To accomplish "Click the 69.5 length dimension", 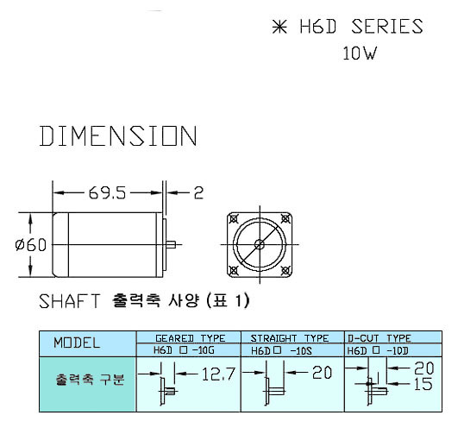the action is tap(107, 192).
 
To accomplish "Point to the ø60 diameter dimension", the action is tap(31, 245).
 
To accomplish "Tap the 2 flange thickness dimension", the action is tap(198, 192).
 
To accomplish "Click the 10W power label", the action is tap(360, 53).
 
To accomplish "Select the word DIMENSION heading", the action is tap(118, 135).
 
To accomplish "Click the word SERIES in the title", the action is tap(387, 27).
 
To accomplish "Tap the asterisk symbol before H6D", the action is tap(279, 27).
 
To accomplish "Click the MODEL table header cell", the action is tap(88, 343).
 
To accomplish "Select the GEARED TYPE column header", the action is tap(190, 338).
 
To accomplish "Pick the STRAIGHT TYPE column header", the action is tap(290, 338).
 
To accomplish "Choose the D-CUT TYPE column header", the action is tap(379, 338).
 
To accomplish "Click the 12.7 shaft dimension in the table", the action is tap(218, 374).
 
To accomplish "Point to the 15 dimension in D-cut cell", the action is tap(423, 384).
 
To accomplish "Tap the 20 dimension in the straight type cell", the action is tap(322, 373).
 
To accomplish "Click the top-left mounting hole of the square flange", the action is tap(234, 219).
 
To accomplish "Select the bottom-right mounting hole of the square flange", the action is tap(285, 270).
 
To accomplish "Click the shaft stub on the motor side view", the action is tap(171, 245).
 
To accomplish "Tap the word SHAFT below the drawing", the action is tap(70, 301).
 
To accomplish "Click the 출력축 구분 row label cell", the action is tap(88, 384).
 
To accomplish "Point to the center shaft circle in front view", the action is tap(260, 244).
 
